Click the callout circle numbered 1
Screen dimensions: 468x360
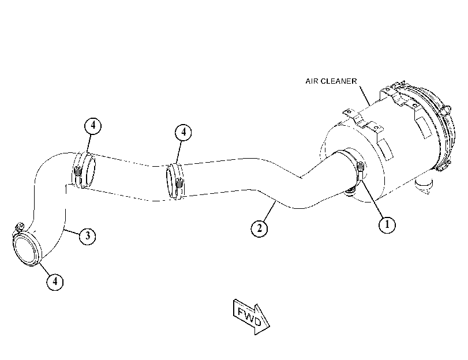click(387, 224)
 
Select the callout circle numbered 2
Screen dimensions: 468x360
click(259, 228)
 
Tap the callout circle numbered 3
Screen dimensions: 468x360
click(88, 236)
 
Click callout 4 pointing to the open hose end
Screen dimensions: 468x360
click(55, 282)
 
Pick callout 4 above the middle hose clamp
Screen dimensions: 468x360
click(184, 132)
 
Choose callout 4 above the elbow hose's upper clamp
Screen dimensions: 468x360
click(93, 126)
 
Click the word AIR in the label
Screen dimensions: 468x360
click(312, 81)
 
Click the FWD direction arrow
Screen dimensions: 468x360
click(251, 317)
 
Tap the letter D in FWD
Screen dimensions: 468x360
click(257, 322)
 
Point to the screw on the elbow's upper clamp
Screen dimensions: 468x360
click(77, 171)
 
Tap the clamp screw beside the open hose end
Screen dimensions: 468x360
click(20, 226)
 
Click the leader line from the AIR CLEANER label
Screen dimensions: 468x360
click(365, 96)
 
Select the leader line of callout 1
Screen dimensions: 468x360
click(372, 198)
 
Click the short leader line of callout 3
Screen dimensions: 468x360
click(72, 231)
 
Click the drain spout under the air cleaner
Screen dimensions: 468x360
click(424, 186)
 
